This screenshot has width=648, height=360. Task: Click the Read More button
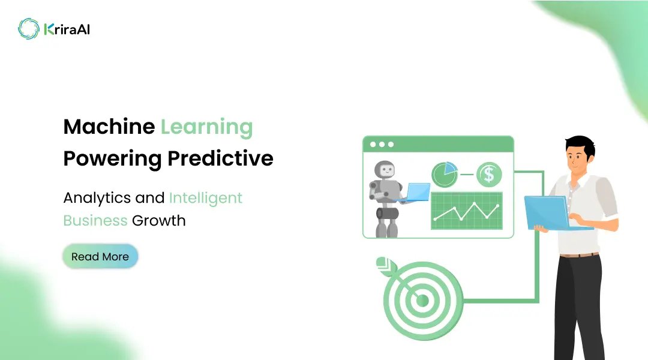pos(100,256)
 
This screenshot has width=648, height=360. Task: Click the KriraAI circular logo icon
pos(28,28)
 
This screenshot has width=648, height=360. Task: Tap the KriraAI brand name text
pos(67,29)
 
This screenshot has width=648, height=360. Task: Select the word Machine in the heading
pos(109,127)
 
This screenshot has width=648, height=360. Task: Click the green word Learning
pos(206,127)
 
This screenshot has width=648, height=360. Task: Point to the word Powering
pos(112,158)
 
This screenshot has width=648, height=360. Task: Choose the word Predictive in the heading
pos(220,158)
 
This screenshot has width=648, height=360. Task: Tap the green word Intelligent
pos(206,197)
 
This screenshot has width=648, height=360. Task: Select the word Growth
pos(159,220)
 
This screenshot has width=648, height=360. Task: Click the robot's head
pos(387,172)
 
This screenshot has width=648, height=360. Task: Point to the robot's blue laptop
pos(415,192)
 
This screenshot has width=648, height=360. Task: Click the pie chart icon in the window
pos(445,175)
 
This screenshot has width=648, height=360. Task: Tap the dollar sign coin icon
pos(489,175)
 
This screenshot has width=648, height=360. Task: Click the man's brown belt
pos(579,255)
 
